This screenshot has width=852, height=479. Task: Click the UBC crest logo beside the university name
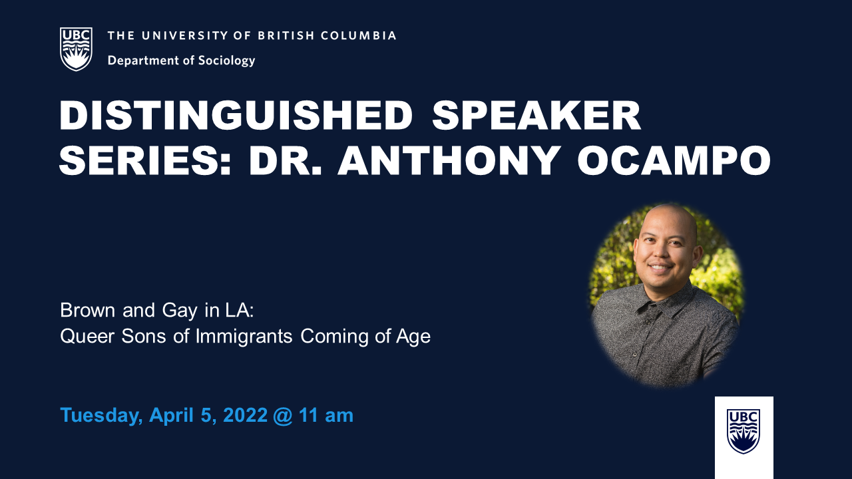(x=76, y=49)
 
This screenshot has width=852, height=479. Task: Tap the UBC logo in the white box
(x=744, y=431)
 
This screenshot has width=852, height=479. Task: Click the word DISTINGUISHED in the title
(x=236, y=116)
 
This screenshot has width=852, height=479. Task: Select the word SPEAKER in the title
(x=536, y=116)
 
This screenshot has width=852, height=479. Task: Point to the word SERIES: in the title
(x=145, y=160)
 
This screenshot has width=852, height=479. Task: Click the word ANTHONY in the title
(x=449, y=160)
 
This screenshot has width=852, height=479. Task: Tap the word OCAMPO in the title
(x=674, y=160)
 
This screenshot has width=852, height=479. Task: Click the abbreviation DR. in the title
(x=286, y=160)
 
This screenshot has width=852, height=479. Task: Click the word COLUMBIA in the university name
(x=358, y=36)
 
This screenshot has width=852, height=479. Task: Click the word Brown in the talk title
(x=87, y=310)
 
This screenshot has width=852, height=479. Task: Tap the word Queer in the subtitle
(x=87, y=337)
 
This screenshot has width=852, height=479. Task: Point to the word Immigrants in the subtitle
(x=244, y=337)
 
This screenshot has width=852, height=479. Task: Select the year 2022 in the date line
(x=246, y=415)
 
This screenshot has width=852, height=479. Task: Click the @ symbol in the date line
(x=283, y=416)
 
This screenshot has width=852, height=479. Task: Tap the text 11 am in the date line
(x=326, y=415)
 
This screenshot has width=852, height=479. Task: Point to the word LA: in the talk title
(x=239, y=310)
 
